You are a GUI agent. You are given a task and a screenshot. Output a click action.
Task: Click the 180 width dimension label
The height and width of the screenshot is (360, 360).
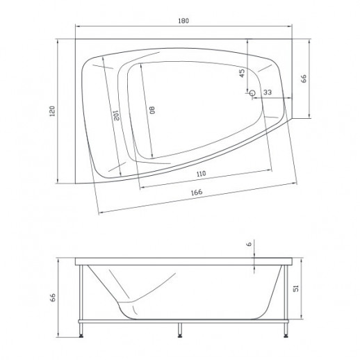pyautogui.click(x=183, y=21)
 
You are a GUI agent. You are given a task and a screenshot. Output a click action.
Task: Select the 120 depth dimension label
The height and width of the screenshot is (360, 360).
pyautogui.click(x=53, y=111)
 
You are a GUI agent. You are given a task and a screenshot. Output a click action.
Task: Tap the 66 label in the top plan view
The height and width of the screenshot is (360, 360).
pyautogui.click(x=304, y=79)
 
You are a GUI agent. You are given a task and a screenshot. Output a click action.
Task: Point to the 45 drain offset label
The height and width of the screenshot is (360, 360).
pyautogui.click(x=242, y=73)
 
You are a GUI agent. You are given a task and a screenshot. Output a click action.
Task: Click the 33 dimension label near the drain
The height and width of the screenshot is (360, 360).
pyautogui.click(x=268, y=92)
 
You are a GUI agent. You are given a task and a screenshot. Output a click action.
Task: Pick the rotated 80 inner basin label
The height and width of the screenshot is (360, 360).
pyautogui.click(x=152, y=110)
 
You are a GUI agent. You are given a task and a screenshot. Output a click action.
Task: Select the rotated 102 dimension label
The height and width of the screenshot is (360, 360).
pyautogui.click(x=116, y=115)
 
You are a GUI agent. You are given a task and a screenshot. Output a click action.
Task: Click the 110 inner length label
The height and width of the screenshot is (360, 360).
pyautogui.click(x=201, y=174)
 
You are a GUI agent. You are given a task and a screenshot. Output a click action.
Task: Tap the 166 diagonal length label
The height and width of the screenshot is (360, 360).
pyautogui.click(x=197, y=193)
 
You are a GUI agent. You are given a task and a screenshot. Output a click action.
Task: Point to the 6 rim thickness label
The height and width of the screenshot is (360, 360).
pyautogui.click(x=249, y=244)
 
